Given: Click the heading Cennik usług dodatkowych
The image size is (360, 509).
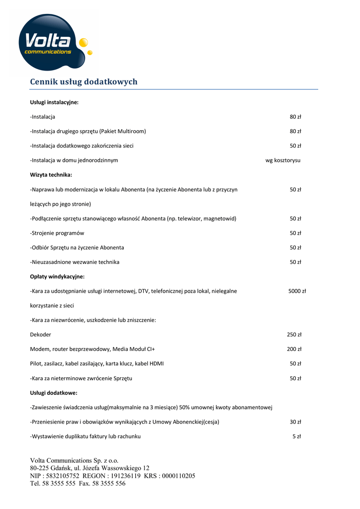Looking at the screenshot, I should tap(84, 82).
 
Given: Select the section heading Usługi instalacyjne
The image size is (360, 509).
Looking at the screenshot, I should tap(54, 102).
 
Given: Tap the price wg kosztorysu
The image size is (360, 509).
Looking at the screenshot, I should tap(283, 161).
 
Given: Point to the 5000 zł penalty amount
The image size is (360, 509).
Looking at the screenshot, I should tap(297, 291).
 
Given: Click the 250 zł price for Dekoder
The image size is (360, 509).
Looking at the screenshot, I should tap(294, 335).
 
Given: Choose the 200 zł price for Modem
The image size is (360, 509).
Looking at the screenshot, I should tap(294, 349).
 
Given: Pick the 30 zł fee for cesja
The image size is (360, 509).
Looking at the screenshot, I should tap(296, 422).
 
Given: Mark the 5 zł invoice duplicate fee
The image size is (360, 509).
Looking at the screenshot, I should tap(297, 436).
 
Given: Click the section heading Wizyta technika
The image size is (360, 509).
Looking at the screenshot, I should tap(51, 175).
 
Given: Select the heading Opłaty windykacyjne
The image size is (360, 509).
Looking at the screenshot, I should tap(57, 277).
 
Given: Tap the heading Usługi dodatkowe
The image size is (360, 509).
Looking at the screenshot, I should tap(54, 393).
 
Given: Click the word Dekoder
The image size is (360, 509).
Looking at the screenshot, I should tap(41, 335).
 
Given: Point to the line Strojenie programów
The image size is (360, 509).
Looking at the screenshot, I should tap(57, 233).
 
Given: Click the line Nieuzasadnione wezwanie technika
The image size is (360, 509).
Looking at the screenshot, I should tap(75, 262).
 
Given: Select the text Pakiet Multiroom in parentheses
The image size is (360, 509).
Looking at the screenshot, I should tap(123, 132).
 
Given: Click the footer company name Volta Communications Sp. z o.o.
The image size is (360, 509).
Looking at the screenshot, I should tap(75, 461).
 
